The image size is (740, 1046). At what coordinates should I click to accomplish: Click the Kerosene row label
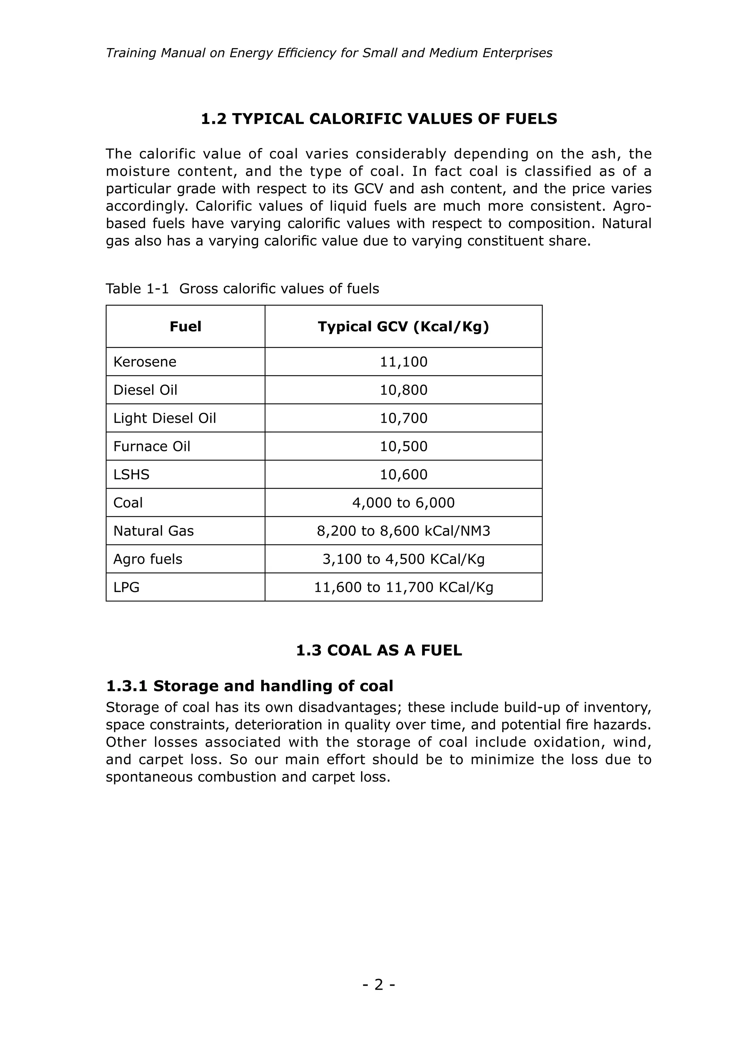click(145, 362)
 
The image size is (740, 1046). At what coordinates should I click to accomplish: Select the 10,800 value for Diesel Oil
click(403, 390)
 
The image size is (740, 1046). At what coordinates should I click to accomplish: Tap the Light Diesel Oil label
click(164, 418)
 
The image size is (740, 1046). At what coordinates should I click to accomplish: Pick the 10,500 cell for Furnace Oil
click(403, 446)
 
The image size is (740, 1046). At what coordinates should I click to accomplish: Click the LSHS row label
click(131, 475)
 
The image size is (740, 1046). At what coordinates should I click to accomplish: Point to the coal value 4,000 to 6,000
click(403, 503)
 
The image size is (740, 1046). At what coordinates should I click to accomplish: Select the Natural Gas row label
click(154, 531)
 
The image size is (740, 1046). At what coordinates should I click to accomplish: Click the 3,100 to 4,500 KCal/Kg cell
click(403, 559)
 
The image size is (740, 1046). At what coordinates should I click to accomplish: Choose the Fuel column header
click(185, 327)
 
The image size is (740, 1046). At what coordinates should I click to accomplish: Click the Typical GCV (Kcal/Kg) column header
click(403, 327)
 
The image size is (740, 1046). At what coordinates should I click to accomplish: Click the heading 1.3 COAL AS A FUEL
click(379, 650)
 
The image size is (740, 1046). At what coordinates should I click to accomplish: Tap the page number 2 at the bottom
click(379, 985)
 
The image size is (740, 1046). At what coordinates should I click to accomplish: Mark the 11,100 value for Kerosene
click(403, 362)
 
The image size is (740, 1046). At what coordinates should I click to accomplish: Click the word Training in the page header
click(131, 53)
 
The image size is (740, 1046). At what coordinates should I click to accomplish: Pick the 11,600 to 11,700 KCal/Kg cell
click(403, 587)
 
